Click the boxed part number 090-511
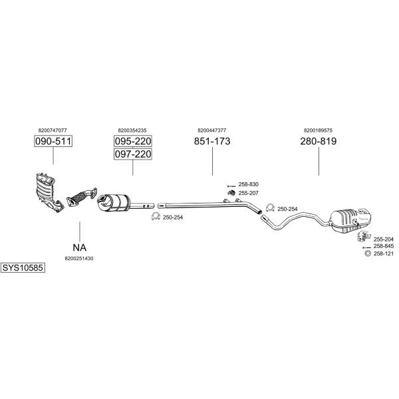point(53,141)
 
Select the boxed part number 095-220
point(133,141)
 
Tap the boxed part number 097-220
point(133,154)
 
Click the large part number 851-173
point(212,141)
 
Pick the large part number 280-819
point(319,141)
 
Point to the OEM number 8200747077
point(53,130)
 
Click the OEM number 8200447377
point(211,130)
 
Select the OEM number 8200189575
point(318,130)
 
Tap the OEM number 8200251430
point(79,259)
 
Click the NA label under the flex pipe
point(80,247)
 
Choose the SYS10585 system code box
point(23,268)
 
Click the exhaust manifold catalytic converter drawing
point(49,192)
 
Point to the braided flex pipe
point(82,196)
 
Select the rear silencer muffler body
point(350,220)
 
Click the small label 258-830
point(248,184)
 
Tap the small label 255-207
point(248,193)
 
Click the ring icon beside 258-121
point(368,253)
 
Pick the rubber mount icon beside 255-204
point(364,236)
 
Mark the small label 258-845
point(384,246)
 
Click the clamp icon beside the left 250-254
point(156,216)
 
